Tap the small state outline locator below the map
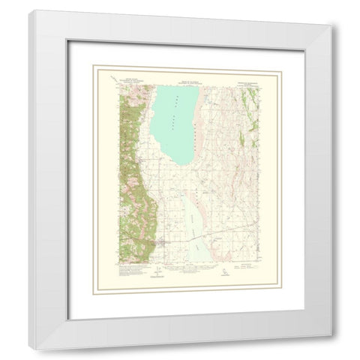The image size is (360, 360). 223,273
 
